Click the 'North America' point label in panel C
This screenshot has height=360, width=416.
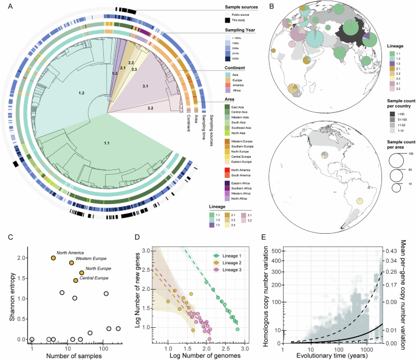[x=69, y=253]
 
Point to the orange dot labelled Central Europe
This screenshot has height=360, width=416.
[x=75, y=280]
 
